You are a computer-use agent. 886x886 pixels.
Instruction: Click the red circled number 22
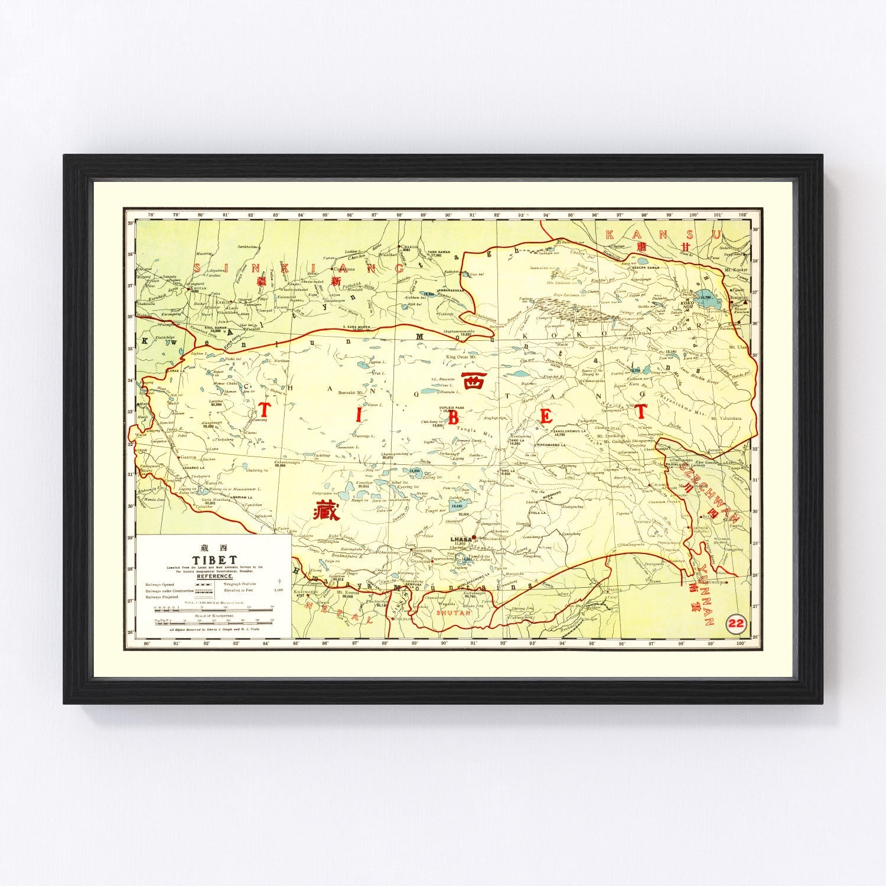tap(736, 623)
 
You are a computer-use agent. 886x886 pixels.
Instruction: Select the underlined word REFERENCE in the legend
tap(215, 576)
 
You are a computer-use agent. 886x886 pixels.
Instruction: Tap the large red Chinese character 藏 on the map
tap(327, 510)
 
